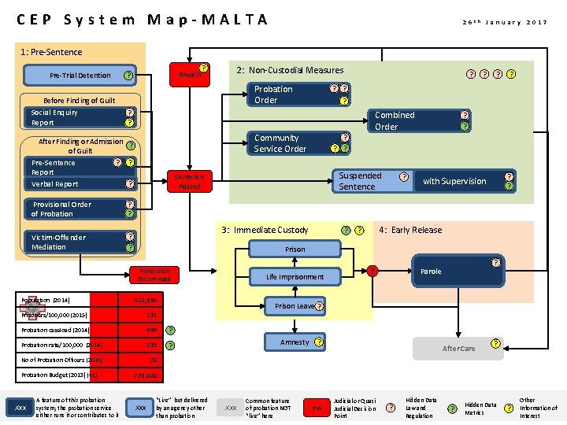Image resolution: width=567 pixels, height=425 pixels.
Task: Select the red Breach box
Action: pos(190,75)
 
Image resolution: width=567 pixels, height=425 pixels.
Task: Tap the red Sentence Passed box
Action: pos(190,182)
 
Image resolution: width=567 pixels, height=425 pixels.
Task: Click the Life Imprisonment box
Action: pos(295,277)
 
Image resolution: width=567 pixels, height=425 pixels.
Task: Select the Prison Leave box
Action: pos(295,305)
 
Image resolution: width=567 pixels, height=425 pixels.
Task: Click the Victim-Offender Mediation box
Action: pos(75,242)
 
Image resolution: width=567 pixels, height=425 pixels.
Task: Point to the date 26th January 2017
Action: pos(504,22)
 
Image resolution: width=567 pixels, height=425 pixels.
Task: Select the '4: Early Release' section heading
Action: pos(410,230)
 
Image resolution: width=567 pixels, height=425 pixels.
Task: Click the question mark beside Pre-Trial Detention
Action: pos(128,76)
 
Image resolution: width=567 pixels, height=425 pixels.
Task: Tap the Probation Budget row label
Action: pos(56,375)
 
